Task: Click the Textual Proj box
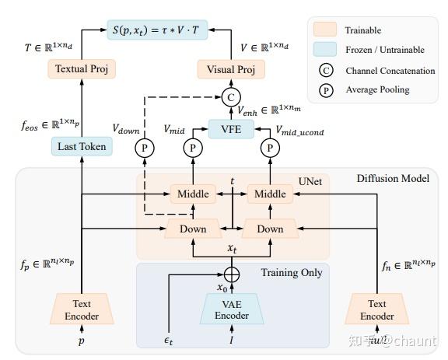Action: click(x=81, y=69)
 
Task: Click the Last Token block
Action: click(x=81, y=145)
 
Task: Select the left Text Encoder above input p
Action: click(x=82, y=309)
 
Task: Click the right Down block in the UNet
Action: click(x=270, y=229)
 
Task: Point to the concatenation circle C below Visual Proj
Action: click(x=230, y=97)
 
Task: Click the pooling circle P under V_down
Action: click(x=144, y=146)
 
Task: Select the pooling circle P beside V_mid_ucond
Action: click(x=270, y=146)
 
